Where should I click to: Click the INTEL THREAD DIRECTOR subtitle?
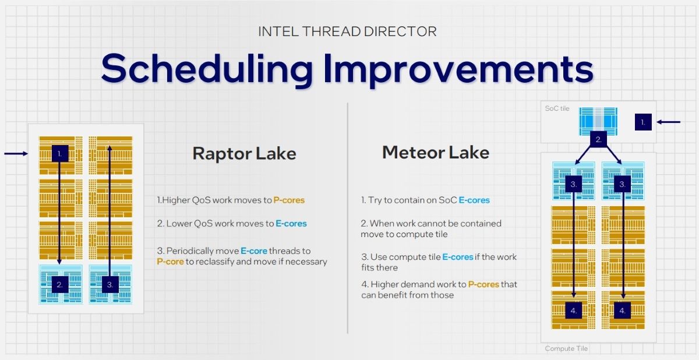pyautogui.click(x=347, y=31)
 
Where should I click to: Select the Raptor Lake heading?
pyautogui.click(x=244, y=154)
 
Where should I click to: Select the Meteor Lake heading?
pyautogui.click(x=435, y=153)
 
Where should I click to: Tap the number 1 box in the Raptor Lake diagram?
pyautogui.click(x=60, y=153)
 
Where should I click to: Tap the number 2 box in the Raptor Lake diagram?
pyautogui.click(x=60, y=285)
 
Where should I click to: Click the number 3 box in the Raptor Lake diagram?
pyautogui.click(x=110, y=285)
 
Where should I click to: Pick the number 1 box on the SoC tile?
pyautogui.click(x=642, y=122)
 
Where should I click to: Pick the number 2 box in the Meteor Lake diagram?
pyautogui.click(x=598, y=139)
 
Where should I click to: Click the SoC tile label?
pyautogui.click(x=557, y=108)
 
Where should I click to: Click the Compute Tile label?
pyautogui.click(x=566, y=348)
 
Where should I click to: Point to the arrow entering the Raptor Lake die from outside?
pyautogui.click(x=16, y=154)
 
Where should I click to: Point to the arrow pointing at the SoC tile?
pyautogui.click(x=668, y=122)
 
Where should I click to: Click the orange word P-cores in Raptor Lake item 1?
pyautogui.click(x=289, y=200)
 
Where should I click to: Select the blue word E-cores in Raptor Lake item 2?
pyautogui.click(x=291, y=223)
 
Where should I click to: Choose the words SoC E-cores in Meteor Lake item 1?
pyautogui.click(x=465, y=200)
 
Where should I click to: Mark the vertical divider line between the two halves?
pyautogui.click(x=348, y=218)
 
